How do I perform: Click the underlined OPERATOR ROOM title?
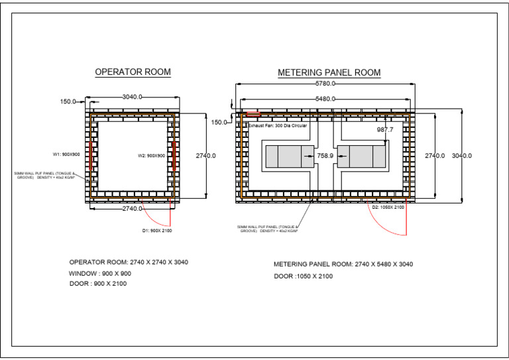[x=133, y=72]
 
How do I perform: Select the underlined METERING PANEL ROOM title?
[x=329, y=72]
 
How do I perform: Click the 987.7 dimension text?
[x=385, y=130]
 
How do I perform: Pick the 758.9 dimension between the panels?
[x=325, y=157]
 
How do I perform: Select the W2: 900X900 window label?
[x=151, y=156]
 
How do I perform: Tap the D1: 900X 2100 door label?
[x=157, y=231]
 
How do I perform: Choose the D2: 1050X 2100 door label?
[x=387, y=208]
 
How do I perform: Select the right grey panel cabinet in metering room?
[x=361, y=157]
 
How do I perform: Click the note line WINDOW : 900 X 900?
[x=100, y=273]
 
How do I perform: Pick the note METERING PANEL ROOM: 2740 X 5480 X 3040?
[x=343, y=264]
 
